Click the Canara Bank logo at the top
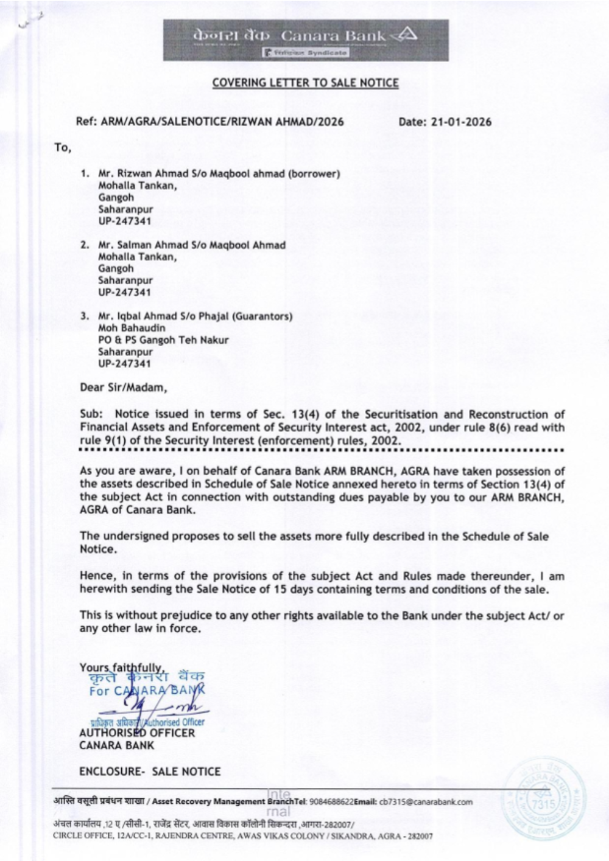306,40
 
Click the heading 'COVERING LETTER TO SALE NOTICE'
305,83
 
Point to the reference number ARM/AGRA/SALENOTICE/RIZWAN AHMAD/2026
222,122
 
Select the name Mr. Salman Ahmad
135,245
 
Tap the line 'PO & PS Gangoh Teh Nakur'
163,340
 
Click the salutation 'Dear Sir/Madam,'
122,386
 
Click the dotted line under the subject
322,451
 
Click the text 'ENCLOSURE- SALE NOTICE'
150,772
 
